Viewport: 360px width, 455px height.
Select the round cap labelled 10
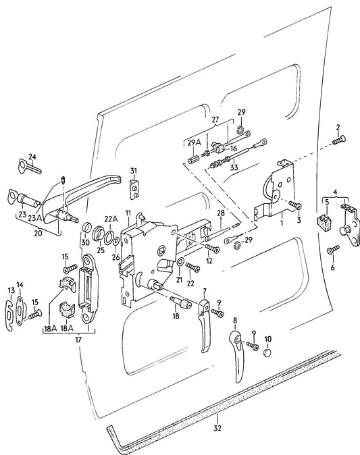pyautogui.click(x=267, y=352)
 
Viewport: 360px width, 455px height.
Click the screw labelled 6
pyautogui.click(x=332, y=250)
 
